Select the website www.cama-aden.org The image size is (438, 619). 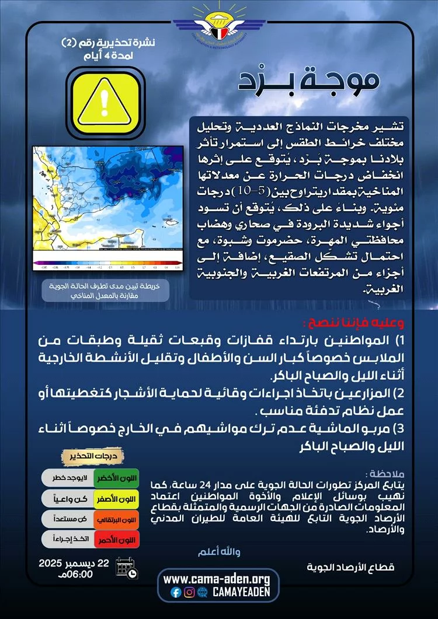(x=217, y=579)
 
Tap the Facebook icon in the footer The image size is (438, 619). (x=176, y=592)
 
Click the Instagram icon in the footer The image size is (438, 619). (x=189, y=592)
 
